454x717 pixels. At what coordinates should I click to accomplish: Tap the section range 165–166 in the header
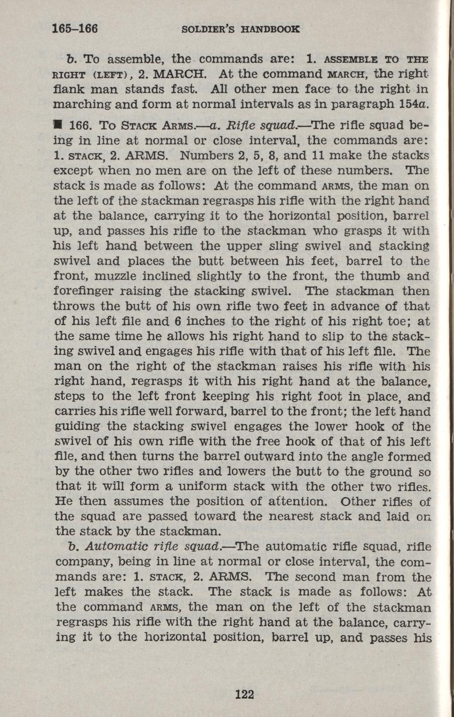click(x=75, y=29)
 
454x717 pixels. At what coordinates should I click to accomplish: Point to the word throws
click(x=73, y=307)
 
